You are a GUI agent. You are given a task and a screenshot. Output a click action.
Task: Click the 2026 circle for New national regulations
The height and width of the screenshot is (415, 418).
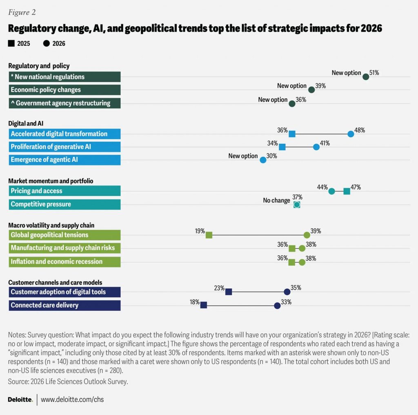tap(366, 77)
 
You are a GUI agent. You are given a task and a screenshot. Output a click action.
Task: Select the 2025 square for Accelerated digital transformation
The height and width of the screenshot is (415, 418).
tap(292, 134)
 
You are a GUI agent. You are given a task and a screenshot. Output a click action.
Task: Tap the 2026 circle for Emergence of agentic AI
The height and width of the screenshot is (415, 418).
tap(263, 160)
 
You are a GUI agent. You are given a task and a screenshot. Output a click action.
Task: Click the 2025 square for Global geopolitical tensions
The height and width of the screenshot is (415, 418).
tap(209, 235)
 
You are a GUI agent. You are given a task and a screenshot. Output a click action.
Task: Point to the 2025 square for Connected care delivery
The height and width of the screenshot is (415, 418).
tap(204, 305)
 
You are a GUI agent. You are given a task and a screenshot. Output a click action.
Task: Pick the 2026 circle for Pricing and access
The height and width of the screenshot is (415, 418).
tap(332, 191)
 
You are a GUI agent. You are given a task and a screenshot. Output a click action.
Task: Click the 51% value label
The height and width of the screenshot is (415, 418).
tap(375, 73)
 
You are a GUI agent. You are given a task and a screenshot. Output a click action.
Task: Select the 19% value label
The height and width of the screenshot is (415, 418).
tap(200, 231)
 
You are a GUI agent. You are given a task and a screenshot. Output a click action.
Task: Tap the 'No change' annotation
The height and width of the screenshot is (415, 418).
tap(276, 201)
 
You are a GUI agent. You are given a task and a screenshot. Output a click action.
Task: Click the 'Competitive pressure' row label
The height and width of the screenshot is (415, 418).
tap(41, 204)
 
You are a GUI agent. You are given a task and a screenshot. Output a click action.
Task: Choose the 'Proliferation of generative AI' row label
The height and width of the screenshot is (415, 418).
tap(51, 147)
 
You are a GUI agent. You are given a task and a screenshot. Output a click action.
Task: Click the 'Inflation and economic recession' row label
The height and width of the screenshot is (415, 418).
tap(57, 261)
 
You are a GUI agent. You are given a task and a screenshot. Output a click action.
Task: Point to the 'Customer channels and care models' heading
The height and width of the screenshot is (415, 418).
tap(55, 282)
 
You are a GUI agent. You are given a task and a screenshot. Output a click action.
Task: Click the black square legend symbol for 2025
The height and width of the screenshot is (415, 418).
tap(11, 44)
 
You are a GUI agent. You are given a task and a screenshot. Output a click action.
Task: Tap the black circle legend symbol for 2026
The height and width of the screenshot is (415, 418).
tap(46, 44)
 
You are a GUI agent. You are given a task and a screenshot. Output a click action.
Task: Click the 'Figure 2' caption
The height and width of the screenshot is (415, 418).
tap(22, 12)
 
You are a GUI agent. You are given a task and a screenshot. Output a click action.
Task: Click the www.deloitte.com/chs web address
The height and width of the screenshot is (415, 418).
tap(72, 399)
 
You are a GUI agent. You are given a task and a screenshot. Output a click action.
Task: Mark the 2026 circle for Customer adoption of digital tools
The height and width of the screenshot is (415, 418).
tap(287, 292)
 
